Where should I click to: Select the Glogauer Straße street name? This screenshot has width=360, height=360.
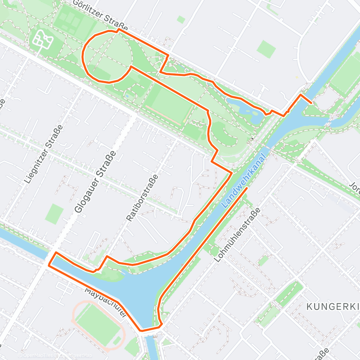tap(96, 182)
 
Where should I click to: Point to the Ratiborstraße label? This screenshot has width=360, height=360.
tap(143, 197)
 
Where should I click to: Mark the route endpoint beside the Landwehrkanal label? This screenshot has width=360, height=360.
tap(247, 188)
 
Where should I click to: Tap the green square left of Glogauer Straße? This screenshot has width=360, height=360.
tap(54, 214)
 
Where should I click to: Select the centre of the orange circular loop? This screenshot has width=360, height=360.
tap(107, 57)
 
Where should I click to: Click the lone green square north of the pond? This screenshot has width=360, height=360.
tap(266, 49)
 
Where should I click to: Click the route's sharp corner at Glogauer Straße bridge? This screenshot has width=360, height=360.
tap(49, 265)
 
